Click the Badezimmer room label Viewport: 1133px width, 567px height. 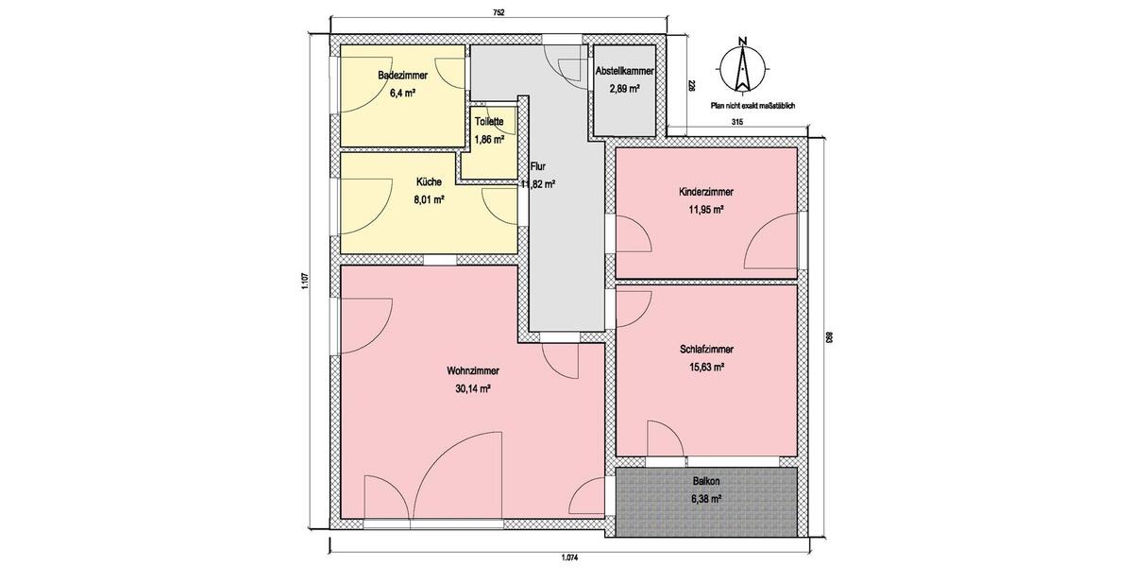pos(403,76)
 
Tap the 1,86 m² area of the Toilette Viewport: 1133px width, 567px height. pos(488,140)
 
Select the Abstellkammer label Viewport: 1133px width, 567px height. pos(624,71)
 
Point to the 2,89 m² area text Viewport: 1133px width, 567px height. pos(624,89)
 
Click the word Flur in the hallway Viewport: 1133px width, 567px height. pos(538,166)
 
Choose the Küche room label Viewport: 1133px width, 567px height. pos(429,182)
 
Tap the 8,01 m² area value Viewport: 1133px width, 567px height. pos(429,199)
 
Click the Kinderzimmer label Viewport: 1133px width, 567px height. pos(706,192)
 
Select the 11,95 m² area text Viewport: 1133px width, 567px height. pos(706,210)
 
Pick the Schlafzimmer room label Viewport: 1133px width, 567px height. pos(706,350)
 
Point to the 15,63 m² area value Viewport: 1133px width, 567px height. pos(706,368)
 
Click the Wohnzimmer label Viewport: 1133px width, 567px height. pos(473,370)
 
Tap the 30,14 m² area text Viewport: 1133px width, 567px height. pos(473,388)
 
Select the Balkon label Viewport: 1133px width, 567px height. pos(706,481)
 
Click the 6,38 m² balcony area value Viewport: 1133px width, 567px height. pos(706,499)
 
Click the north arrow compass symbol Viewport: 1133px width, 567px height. pos(743,66)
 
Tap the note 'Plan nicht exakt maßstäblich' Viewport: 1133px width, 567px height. pos(753,107)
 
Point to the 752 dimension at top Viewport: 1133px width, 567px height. pos(499,12)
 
